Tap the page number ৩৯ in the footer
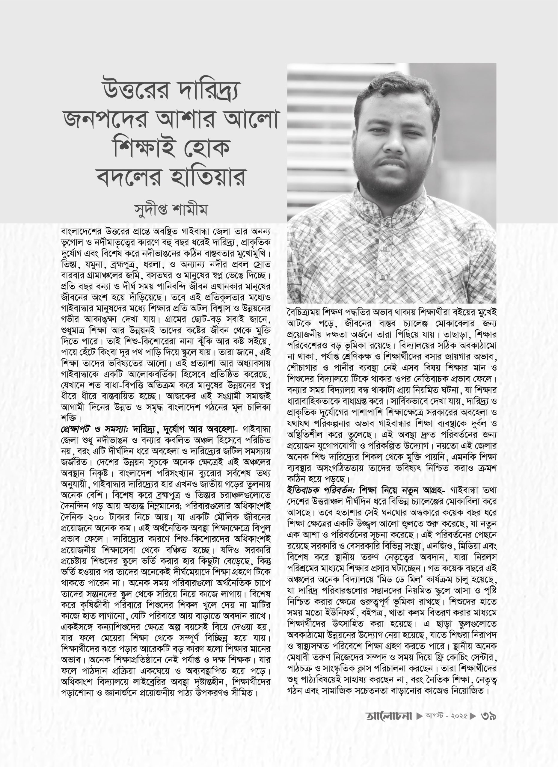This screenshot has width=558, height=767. pyautogui.click(x=488, y=716)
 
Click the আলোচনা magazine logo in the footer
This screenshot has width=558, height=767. pyautogui.click(x=389, y=716)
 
